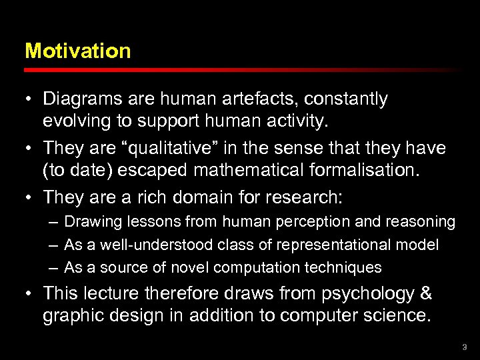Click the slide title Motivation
(77, 51)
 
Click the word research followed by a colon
(309, 198)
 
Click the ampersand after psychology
(426, 293)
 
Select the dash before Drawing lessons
(53, 221)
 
